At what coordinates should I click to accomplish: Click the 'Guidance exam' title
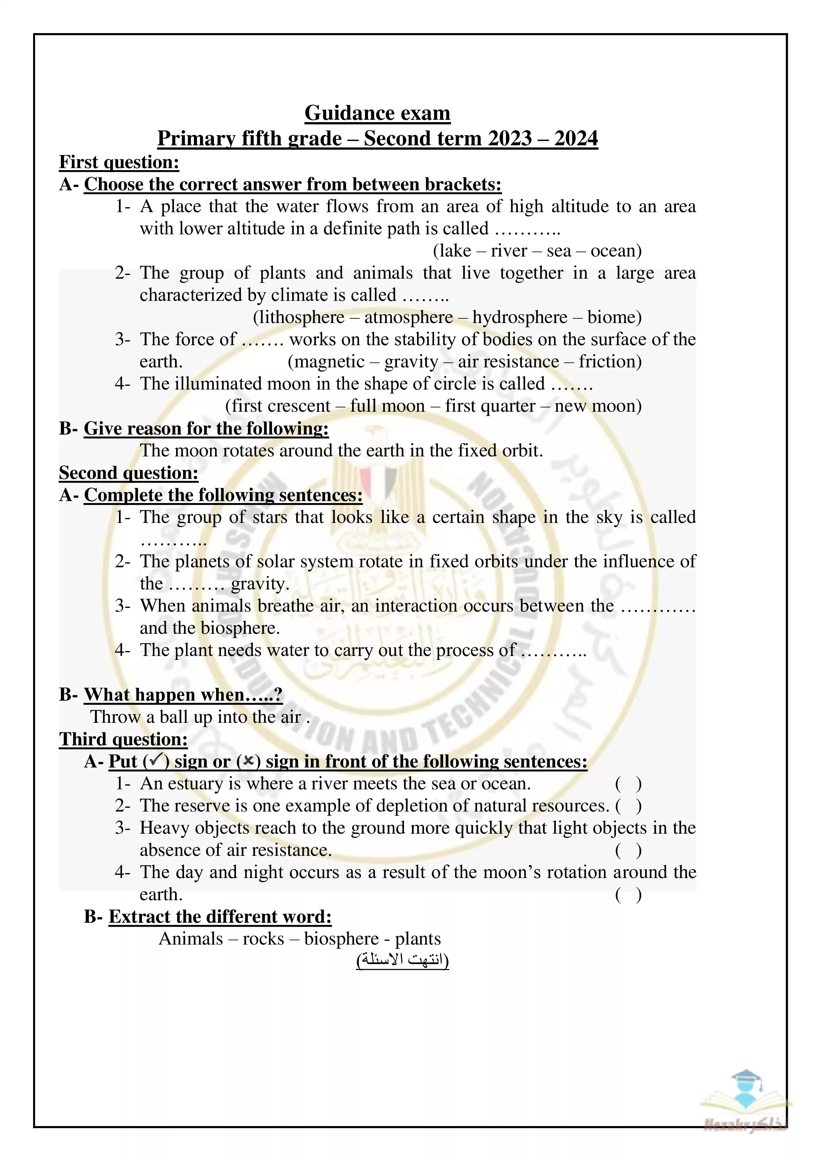click(x=377, y=113)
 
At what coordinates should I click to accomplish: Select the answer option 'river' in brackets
click(x=509, y=251)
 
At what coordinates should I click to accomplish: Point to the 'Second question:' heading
click(x=128, y=473)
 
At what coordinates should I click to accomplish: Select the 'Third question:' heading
click(x=123, y=739)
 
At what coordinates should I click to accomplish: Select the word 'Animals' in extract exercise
click(x=191, y=939)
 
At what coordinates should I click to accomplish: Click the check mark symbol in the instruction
click(x=156, y=761)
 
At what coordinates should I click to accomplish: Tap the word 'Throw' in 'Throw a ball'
click(x=115, y=717)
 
